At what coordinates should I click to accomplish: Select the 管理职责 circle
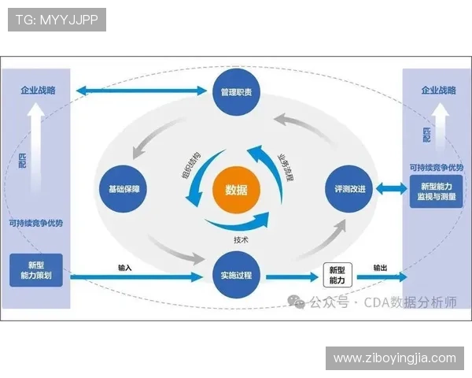(236, 92)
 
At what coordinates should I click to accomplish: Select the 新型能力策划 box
(37, 269)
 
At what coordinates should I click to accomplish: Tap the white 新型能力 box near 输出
(336, 275)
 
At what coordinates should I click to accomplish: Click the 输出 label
(381, 268)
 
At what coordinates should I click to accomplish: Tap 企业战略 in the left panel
(38, 91)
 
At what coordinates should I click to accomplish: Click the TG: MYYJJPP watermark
(57, 20)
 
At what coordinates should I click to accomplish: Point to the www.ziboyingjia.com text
(394, 358)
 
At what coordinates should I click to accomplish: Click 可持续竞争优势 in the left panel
(37, 223)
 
